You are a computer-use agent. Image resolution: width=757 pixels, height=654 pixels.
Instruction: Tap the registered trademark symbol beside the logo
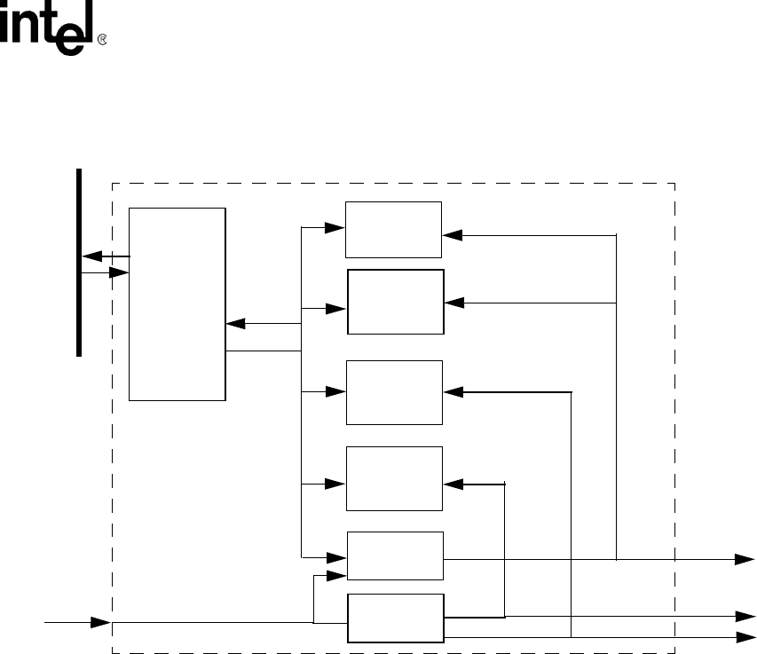click(x=101, y=41)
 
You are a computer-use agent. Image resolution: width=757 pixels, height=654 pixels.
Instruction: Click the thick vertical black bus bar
click(x=79, y=262)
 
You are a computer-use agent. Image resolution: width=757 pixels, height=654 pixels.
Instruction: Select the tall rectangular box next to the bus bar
click(x=177, y=303)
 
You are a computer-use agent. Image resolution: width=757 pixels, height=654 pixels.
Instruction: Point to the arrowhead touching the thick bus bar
click(x=90, y=256)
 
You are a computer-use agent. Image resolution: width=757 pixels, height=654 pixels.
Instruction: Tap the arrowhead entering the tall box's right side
click(x=234, y=323)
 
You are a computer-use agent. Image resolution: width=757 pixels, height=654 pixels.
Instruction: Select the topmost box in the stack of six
click(x=393, y=229)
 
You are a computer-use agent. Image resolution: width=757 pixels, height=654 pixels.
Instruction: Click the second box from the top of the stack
click(x=395, y=302)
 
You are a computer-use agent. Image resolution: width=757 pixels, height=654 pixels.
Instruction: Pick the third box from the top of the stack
click(x=394, y=392)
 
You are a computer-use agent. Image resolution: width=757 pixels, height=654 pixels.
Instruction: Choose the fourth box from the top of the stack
click(x=394, y=478)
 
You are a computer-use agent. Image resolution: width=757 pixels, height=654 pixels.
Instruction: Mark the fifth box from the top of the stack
click(x=394, y=556)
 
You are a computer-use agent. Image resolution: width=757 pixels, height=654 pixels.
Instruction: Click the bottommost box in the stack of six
click(x=394, y=618)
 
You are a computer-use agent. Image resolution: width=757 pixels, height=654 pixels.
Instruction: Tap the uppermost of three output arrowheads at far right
click(x=745, y=560)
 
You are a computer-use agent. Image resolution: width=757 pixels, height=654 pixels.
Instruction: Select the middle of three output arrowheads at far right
click(x=745, y=616)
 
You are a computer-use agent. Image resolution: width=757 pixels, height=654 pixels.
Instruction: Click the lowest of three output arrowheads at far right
click(x=745, y=636)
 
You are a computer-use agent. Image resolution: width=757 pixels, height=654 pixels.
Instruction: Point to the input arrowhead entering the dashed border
click(x=101, y=622)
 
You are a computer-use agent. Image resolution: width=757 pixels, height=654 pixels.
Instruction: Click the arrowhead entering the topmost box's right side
click(x=452, y=235)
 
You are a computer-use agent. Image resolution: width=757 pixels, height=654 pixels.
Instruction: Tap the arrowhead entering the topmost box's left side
click(x=336, y=226)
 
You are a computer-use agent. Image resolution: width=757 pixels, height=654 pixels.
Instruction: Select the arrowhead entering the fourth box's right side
click(x=452, y=484)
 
